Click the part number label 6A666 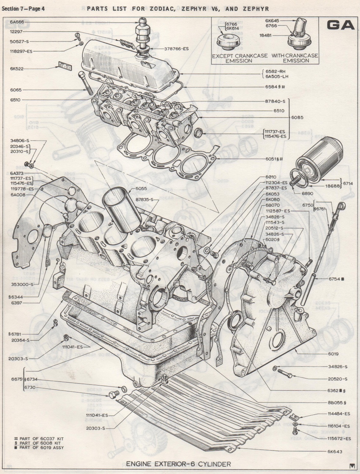(17, 22)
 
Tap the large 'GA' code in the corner (340, 25)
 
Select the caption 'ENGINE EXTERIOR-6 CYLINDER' (179, 464)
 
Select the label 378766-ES (176, 48)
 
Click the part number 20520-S (338, 379)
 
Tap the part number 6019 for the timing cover (333, 354)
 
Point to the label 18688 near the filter (332, 186)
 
